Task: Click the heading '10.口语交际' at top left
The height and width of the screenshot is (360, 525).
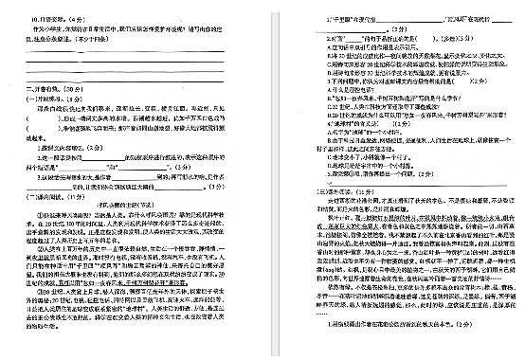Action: (x=34, y=19)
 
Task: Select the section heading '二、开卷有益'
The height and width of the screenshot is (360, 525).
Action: (x=41, y=88)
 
